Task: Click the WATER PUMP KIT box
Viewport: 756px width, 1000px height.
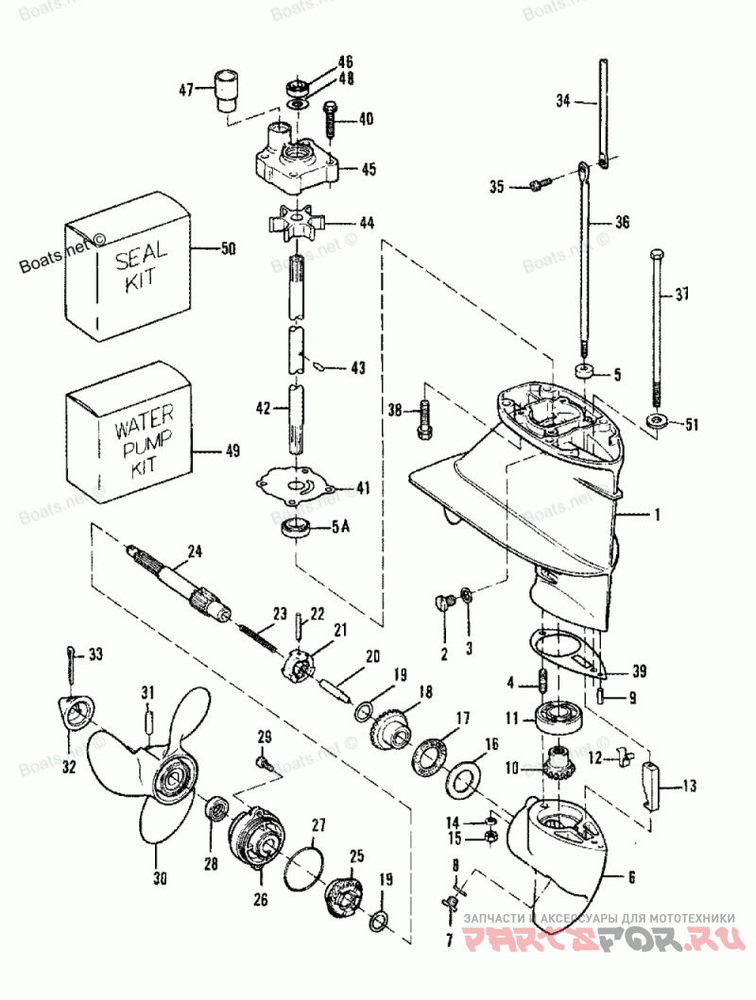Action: pyautogui.click(x=130, y=438)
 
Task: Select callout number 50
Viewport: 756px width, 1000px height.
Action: pyautogui.click(x=229, y=249)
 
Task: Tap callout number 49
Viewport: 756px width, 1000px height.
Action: pyautogui.click(x=232, y=451)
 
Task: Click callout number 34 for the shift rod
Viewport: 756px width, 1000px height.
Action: pyautogui.click(x=564, y=99)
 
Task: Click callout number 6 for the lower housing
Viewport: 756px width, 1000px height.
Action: pyautogui.click(x=629, y=876)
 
